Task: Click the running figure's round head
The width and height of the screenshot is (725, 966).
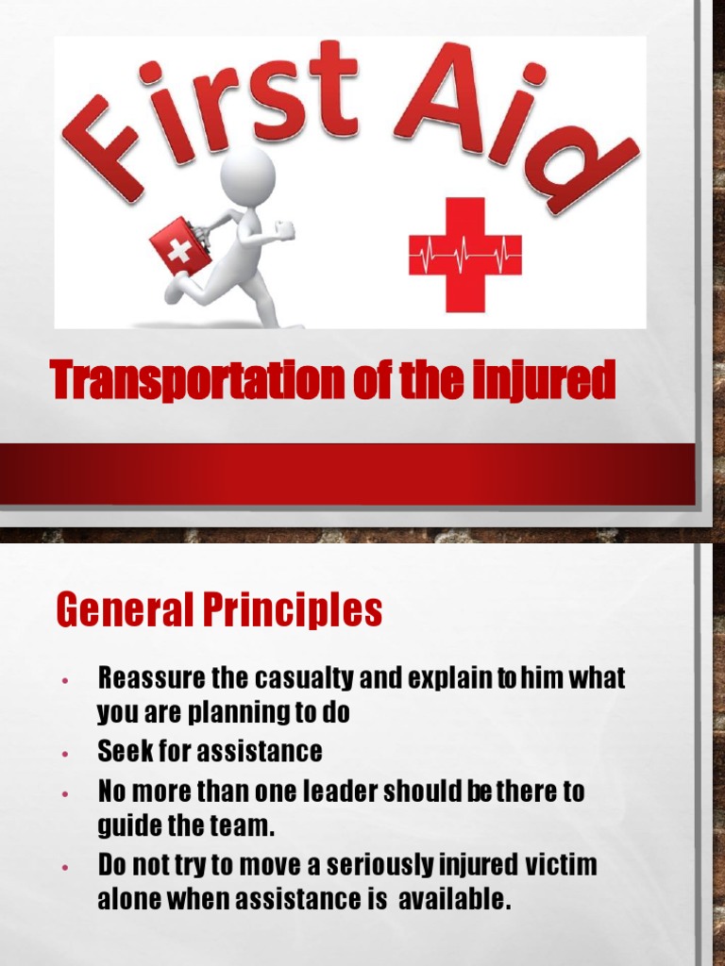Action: (247, 175)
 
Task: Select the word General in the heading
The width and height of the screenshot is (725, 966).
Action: (123, 610)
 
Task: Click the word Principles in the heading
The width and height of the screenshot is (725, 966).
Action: (292, 610)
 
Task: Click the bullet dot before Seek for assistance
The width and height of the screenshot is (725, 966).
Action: (64, 755)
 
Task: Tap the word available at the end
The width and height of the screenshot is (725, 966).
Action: (454, 899)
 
